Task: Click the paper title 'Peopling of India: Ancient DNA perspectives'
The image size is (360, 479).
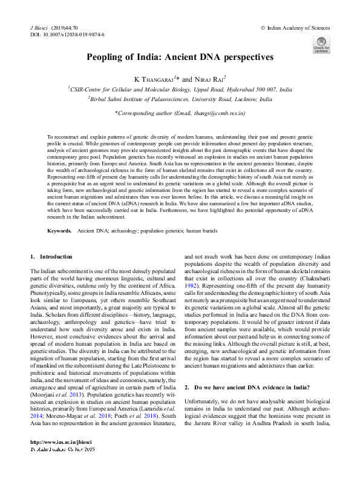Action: pos(180,57)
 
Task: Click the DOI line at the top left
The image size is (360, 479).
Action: pos(67,35)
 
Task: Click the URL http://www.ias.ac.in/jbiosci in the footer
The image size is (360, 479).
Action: pos(59,459)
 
